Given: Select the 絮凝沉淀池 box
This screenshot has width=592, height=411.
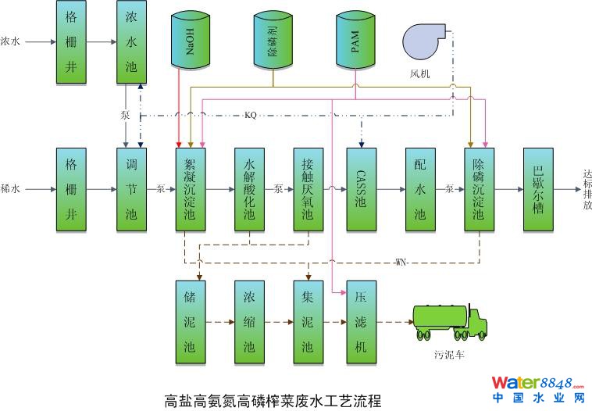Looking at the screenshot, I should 191,188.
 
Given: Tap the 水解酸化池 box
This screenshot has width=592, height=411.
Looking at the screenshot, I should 250,188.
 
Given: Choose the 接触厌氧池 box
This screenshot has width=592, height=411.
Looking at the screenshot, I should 308,188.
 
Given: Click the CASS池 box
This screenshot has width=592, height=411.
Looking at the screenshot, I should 361,188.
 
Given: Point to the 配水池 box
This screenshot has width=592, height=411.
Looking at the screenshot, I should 420,188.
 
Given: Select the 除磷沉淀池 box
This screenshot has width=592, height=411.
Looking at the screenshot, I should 479,188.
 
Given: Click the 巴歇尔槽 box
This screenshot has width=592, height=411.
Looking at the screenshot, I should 538,188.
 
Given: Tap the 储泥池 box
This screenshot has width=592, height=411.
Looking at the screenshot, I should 191,321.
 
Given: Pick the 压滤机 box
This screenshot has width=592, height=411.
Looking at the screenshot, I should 361,321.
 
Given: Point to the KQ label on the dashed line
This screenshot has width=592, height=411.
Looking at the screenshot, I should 250,115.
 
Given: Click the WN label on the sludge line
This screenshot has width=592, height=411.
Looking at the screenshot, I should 401,261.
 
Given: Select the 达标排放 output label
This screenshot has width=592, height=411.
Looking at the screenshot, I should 587,191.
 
